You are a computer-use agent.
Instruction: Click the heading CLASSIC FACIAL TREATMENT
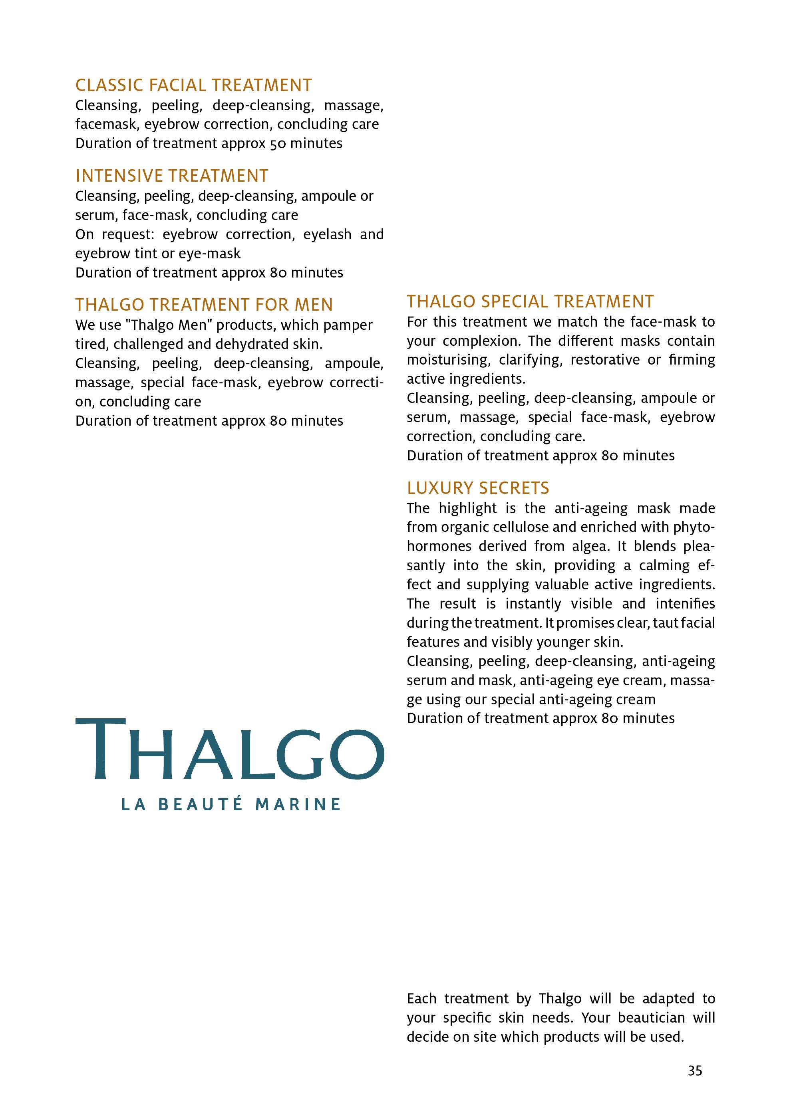pos(193,85)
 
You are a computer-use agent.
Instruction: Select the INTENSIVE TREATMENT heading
pos(171,176)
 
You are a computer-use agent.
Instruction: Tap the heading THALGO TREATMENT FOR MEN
pos(204,305)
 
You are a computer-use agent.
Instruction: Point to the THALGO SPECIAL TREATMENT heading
pos(530,302)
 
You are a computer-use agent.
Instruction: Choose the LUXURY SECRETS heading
pos(478,488)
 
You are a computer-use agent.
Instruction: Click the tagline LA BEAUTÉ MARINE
pos(231,805)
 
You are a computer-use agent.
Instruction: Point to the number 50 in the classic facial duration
pos(278,144)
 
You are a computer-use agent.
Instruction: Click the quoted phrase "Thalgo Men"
pos(169,325)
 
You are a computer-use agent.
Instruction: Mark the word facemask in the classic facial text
pos(106,125)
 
